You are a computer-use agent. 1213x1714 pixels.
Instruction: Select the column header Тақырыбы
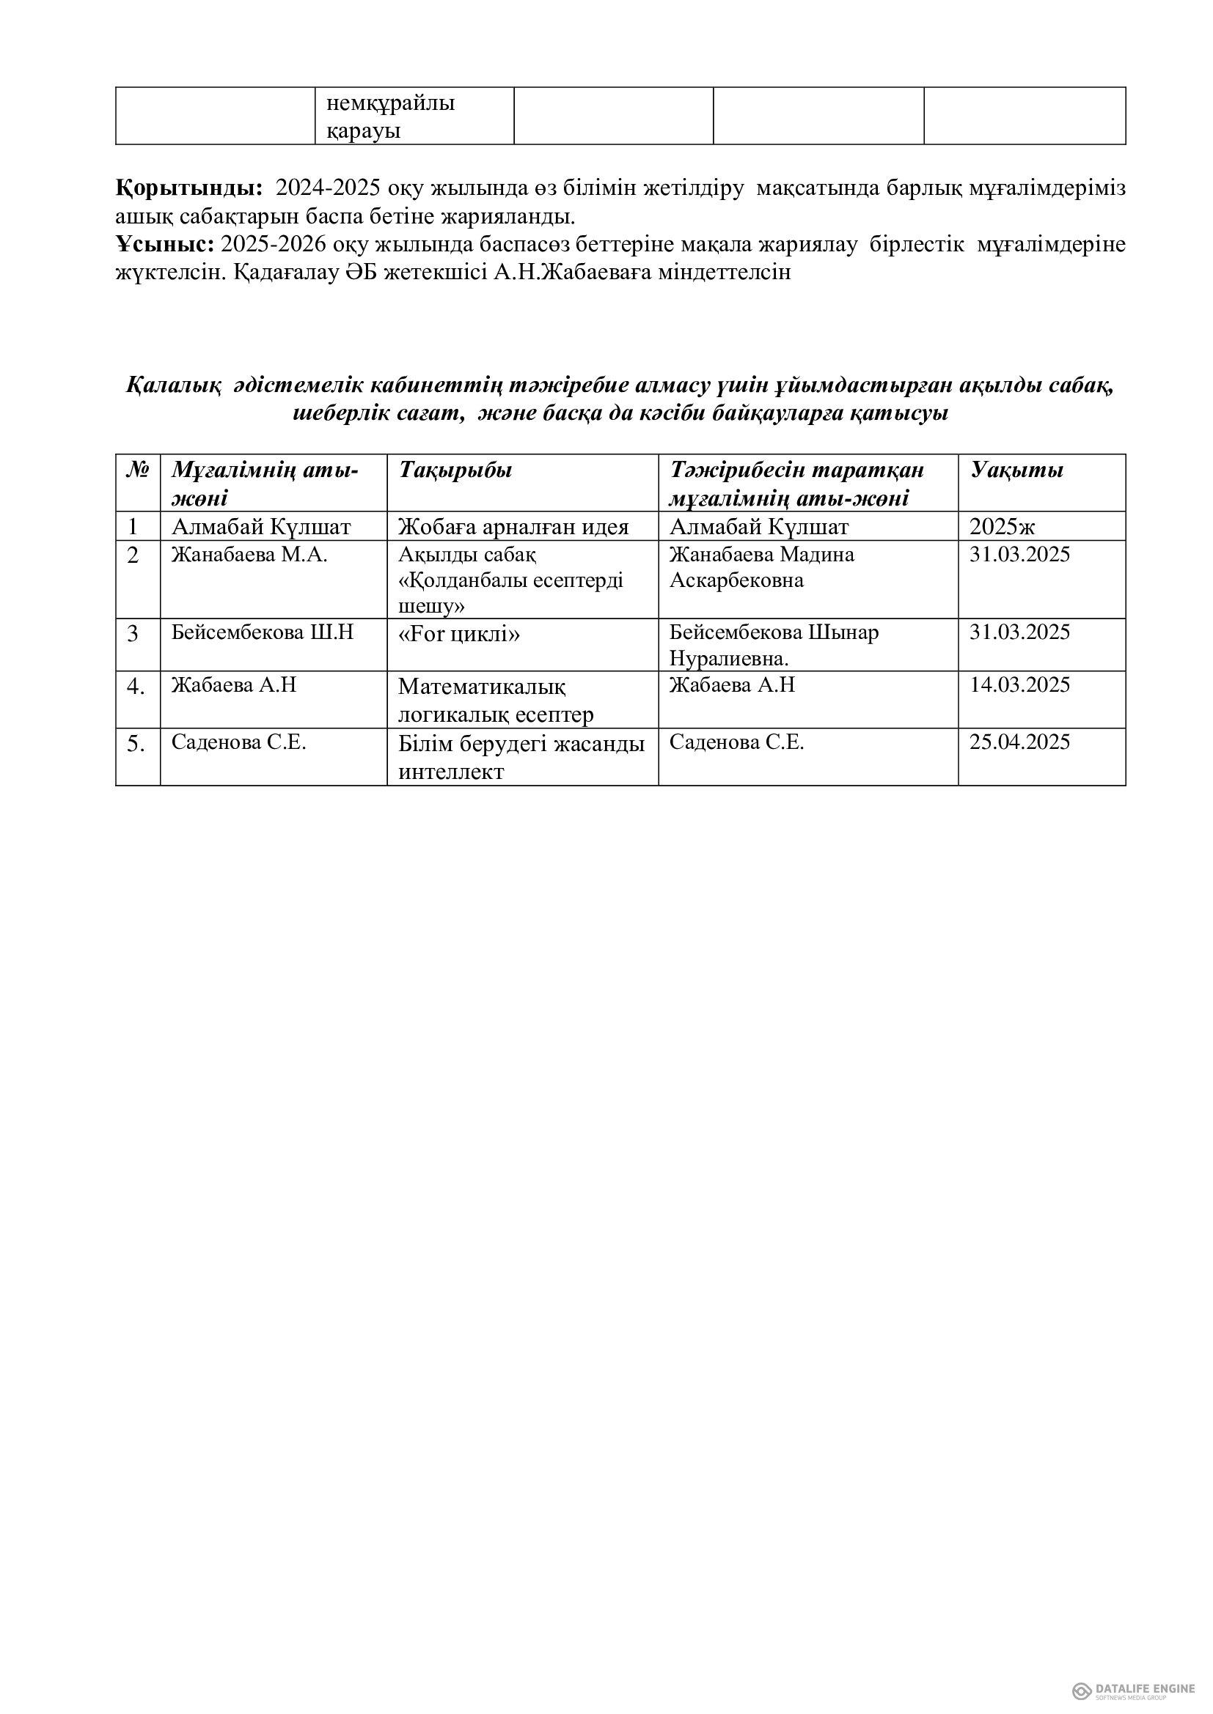pyautogui.click(x=455, y=470)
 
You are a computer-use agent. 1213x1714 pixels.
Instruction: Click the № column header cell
pyautogui.click(x=137, y=470)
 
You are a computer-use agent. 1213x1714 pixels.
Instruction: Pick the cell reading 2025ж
pyautogui.click(x=1003, y=527)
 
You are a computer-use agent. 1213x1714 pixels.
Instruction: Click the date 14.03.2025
pyautogui.click(x=1019, y=685)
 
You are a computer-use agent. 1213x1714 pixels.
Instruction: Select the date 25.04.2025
pyautogui.click(x=1019, y=742)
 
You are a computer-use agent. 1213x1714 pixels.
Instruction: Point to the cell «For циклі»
pyautogui.click(x=459, y=634)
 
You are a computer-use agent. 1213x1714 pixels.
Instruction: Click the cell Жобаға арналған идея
pyautogui.click(x=513, y=527)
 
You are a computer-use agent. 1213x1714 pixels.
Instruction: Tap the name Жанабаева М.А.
pyautogui.click(x=249, y=555)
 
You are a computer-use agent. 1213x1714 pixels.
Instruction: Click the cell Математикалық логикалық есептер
pyautogui.click(x=495, y=701)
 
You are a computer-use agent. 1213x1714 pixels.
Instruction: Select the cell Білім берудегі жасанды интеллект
pyautogui.click(x=521, y=757)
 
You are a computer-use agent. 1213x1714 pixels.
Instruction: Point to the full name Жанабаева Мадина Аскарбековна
pyautogui.click(x=761, y=567)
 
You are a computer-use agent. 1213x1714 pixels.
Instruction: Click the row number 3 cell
pyautogui.click(x=133, y=634)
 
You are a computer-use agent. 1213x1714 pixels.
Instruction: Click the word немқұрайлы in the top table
pyautogui.click(x=391, y=103)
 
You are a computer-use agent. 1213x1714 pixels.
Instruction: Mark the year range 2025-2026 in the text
pyautogui.click(x=274, y=244)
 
